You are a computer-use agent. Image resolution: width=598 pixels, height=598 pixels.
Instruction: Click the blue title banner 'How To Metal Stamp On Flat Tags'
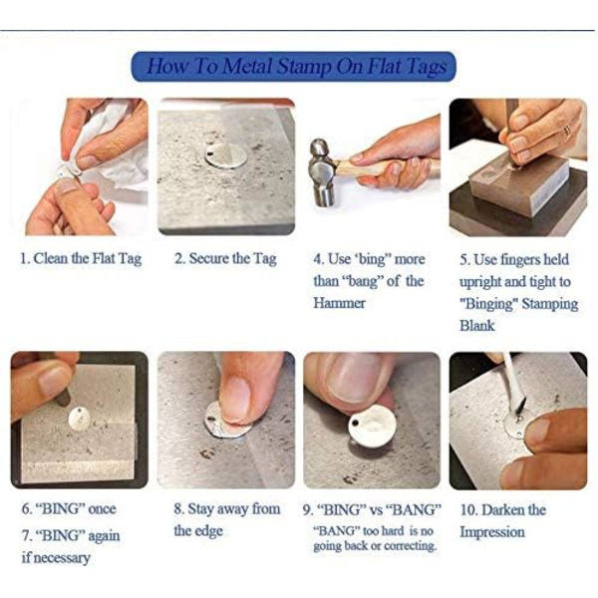click(x=293, y=67)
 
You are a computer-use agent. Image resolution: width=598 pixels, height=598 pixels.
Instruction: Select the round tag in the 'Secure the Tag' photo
click(x=225, y=155)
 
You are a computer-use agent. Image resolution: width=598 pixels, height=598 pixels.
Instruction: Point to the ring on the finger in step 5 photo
click(x=567, y=132)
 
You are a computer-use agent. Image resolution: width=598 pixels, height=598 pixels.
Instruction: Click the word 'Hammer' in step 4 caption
click(x=339, y=303)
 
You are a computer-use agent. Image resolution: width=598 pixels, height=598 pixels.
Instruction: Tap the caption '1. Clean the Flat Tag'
click(x=81, y=259)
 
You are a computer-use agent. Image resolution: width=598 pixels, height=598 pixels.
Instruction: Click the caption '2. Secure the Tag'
click(x=225, y=259)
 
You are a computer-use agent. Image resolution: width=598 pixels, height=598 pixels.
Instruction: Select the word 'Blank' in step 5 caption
click(x=476, y=325)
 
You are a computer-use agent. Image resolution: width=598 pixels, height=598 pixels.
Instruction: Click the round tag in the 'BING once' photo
click(x=80, y=420)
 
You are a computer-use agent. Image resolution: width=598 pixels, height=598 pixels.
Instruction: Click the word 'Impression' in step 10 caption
click(x=492, y=532)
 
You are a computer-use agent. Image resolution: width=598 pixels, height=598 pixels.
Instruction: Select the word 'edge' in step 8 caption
click(x=209, y=531)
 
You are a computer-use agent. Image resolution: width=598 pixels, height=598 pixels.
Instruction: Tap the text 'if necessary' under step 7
click(x=56, y=557)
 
